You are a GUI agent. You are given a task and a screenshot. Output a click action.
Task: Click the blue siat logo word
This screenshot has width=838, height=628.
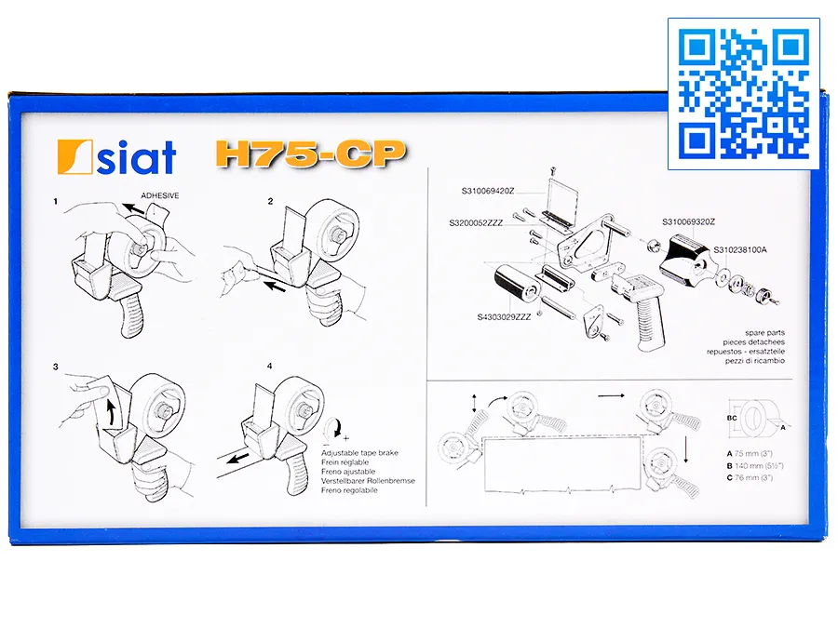[x=136, y=157]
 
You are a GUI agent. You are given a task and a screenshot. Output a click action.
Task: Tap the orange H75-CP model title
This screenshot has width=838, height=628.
[x=311, y=154]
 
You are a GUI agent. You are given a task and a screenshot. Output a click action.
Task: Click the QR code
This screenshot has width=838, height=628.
[x=743, y=94]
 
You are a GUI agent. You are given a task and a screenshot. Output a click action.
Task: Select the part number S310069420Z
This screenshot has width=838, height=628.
[x=488, y=191]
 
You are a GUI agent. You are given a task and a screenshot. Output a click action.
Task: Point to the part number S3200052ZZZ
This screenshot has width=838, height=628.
[x=476, y=222]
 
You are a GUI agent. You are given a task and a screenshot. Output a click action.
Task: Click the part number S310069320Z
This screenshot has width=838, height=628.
[x=688, y=221]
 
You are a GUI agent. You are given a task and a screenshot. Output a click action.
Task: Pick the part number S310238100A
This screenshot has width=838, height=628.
[x=740, y=249]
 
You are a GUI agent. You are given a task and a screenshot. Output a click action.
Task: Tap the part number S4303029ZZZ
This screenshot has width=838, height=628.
[x=504, y=316]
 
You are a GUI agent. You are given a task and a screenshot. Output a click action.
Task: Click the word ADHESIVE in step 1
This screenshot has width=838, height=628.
[x=160, y=195]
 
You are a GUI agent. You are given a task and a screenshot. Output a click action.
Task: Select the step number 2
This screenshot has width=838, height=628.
[x=270, y=201]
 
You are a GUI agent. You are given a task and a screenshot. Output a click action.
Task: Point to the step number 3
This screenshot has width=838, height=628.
[x=56, y=367]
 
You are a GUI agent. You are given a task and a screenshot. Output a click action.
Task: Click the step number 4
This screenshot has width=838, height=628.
[x=269, y=366]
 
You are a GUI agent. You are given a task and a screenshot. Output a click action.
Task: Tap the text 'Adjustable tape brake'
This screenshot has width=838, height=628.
[x=359, y=453]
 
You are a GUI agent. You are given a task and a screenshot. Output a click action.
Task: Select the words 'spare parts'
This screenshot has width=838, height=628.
[x=764, y=333]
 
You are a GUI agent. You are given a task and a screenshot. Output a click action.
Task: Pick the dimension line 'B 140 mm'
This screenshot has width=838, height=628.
[x=755, y=466]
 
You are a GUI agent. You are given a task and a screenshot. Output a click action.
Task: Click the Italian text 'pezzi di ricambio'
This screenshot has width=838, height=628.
[x=754, y=361]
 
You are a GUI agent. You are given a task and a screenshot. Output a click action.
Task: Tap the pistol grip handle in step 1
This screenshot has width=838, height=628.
[x=131, y=316]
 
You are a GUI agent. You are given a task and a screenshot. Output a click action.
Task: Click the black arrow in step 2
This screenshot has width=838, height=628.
[x=276, y=287]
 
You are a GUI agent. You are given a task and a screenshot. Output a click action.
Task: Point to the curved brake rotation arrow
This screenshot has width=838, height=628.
[x=335, y=428]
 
